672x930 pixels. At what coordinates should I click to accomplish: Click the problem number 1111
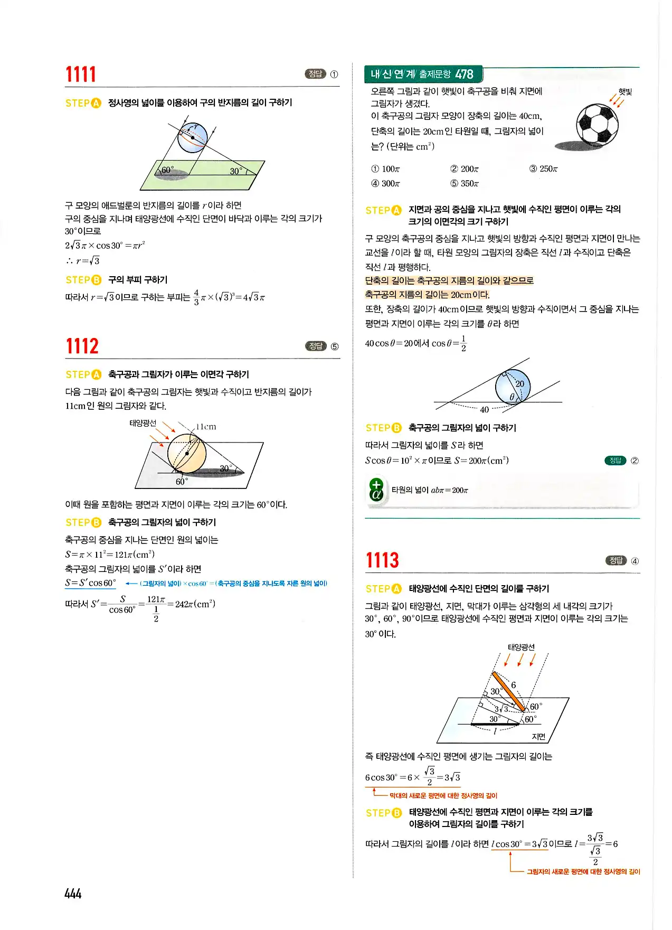pyautogui.click(x=81, y=74)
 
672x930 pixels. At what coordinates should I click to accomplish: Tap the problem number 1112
pyautogui.click(x=82, y=346)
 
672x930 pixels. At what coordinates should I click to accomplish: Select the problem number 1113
pyautogui.click(x=382, y=560)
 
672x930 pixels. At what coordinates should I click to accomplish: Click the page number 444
pyautogui.click(x=73, y=894)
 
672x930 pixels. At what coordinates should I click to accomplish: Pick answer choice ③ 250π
pyautogui.click(x=543, y=169)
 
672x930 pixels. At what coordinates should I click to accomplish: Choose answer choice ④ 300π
pyautogui.click(x=385, y=184)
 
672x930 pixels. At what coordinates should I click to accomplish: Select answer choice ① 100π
pyautogui.click(x=385, y=169)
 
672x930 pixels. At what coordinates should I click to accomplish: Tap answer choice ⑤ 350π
pyautogui.click(x=465, y=184)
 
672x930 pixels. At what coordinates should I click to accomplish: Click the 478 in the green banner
pyautogui.click(x=464, y=74)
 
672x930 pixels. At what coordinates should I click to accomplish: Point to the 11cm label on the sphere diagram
pyautogui.click(x=206, y=427)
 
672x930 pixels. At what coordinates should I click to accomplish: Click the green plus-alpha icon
pyautogui.click(x=376, y=490)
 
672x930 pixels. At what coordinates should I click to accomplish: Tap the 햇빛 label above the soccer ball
pyautogui.click(x=625, y=91)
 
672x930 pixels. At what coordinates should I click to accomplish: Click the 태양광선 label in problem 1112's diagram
pyautogui.click(x=143, y=423)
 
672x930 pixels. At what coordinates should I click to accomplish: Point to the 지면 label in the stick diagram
pyautogui.click(x=538, y=737)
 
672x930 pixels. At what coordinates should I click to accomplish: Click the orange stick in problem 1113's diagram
pyautogui.click(x=508, y=691)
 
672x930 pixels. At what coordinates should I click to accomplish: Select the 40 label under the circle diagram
pyautogui.click(x=484, y=410)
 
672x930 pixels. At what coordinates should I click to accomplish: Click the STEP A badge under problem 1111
pyautogui.click(x=83, y=103)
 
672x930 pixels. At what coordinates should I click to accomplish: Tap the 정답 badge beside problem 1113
pyautogui.click(x=616, y=561)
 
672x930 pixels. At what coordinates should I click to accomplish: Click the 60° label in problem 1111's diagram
pyautogui.click(x=167, y=170)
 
